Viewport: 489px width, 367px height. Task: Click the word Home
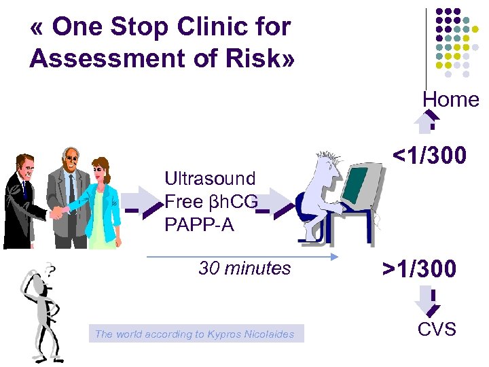(x=451, y=99)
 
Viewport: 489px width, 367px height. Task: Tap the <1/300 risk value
(x=430, y=156)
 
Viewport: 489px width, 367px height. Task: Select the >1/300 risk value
(x=419, y=269)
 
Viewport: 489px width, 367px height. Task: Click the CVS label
(x=437, y=330)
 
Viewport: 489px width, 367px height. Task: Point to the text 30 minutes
(x=244, y=268)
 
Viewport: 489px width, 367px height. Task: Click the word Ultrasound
(x=210, y=179)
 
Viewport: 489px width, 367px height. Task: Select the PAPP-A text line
(x=199, y=224)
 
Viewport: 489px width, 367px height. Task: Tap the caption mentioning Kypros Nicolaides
(x=196, y=334)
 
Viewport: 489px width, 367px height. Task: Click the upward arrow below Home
(x=428, y=122)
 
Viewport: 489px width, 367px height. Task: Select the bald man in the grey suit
(x=69, y=194)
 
